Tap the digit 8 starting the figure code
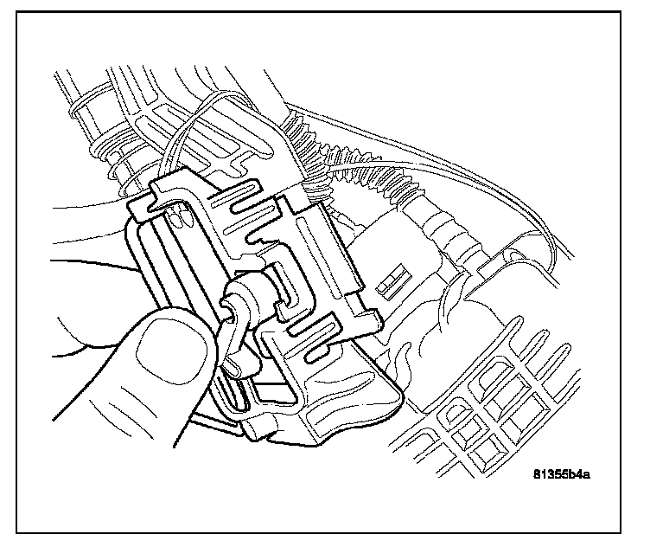coord(537,473)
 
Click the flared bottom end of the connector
coord(285,424)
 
